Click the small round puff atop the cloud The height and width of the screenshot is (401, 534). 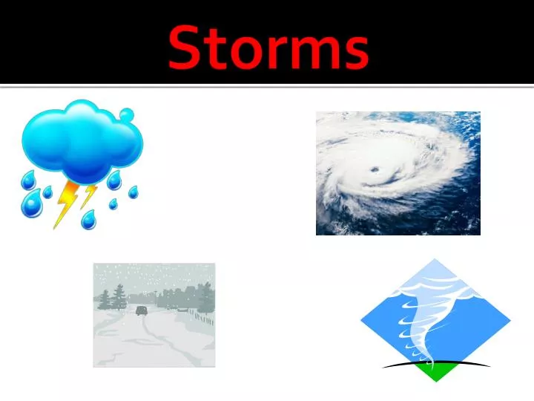pyautogui.click(x=127, y=115)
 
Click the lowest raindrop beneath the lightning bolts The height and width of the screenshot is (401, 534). pyautogui.click(x=88, y=219)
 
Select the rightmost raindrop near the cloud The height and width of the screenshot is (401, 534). pyautogui.click(x=133, y=192)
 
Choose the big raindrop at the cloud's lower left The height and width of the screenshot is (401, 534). pyautogui.click(x=30, y=204)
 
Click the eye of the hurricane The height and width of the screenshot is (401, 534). pyautogui.click(x=375, y=171)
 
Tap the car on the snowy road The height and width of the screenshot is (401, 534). pyautogui.click(x=141, y=310)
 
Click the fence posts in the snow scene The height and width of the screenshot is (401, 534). pyautogui.click(x=202, y=319)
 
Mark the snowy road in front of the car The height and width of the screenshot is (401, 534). pyautogui.click(x=137, y=334)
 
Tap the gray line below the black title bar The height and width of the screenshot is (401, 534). pyautogui.click(x=267, y=87)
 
